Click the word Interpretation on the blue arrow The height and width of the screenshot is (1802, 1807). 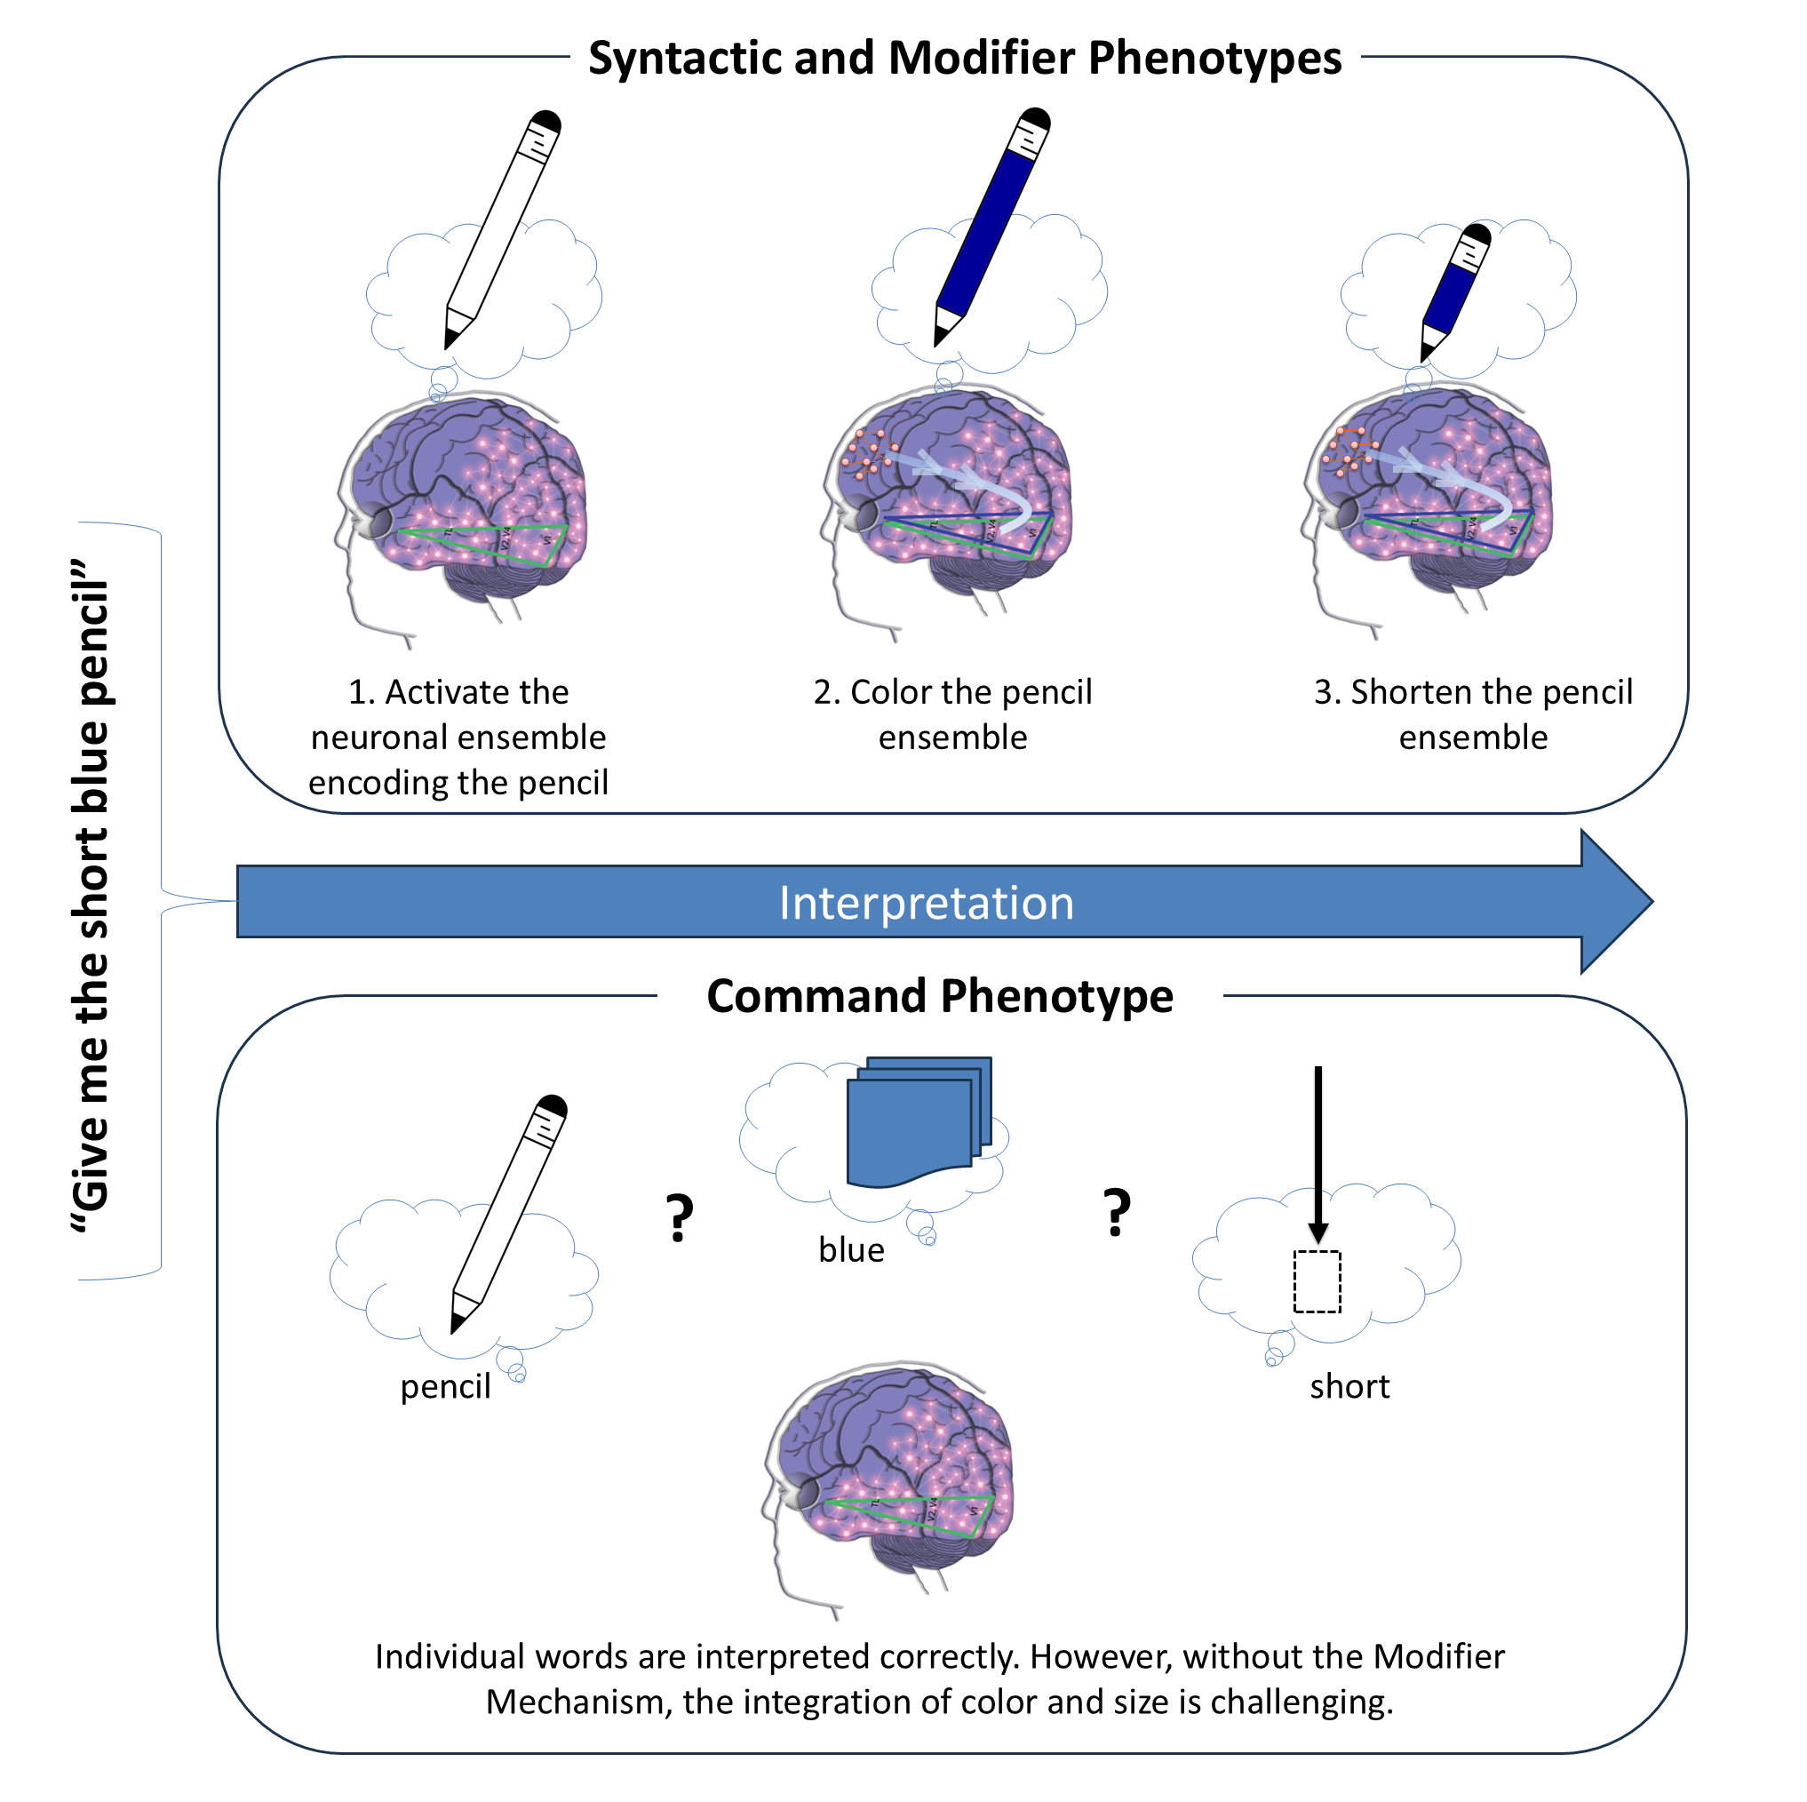coord(926,904)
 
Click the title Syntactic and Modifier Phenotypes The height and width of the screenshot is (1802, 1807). coord(964,58)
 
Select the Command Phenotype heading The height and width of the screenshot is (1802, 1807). coord(939,995)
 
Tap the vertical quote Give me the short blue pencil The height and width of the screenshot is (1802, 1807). coord(92,897)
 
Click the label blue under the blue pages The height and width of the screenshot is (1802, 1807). coord(850,1250)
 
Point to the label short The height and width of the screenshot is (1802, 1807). coord(1349,1386)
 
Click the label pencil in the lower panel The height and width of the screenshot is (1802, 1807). coord(445,1386)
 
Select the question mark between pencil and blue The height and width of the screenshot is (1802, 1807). coord(680,1218)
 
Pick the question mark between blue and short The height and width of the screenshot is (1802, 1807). coord(1117,1214)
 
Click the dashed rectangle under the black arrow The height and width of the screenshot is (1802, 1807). coord(1317,1282)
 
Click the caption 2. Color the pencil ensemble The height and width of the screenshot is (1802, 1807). coord(952,714)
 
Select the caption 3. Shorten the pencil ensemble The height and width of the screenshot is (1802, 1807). coord(1472,714)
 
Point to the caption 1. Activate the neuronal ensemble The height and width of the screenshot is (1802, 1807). coord(458,738)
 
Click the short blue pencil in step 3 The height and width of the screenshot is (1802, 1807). coord(1454,290)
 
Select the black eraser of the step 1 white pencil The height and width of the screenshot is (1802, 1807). coord(546,122)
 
